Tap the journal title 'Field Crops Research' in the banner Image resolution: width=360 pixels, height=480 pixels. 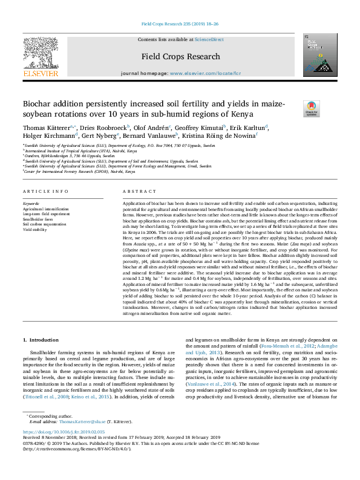pos(180,57)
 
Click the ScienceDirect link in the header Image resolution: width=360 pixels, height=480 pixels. pos(209,39)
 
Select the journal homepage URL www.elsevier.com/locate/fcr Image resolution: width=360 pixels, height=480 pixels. pos(200,73)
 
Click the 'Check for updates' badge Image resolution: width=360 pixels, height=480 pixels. pos(312,109)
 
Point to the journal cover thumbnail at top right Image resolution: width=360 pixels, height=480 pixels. pos(316,55)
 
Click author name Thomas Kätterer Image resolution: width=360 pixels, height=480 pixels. pos(46,128)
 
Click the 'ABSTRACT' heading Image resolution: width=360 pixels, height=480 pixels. pos(136,191)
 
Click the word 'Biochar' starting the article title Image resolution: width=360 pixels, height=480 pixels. pos(38,103)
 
